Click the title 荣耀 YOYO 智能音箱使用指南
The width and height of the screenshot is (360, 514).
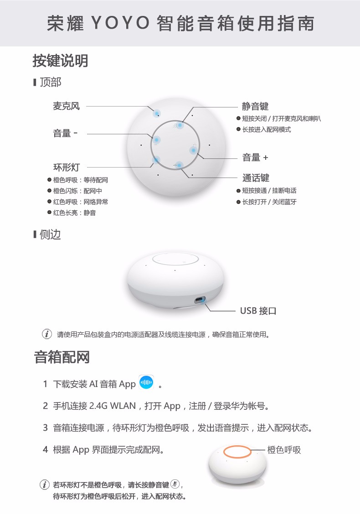(180, 23)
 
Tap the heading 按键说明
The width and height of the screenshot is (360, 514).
(61, 61)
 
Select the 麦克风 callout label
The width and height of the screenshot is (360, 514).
(66, 106)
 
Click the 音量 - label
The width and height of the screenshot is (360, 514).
(65, 133)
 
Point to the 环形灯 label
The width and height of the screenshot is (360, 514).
(66, 167)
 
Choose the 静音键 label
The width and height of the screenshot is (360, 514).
(255, 106)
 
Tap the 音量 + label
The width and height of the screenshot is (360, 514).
(255, 158)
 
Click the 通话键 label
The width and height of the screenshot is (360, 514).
(256, 178)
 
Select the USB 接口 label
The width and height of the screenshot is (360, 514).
(258, 310)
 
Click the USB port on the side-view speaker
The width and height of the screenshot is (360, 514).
(199, 300)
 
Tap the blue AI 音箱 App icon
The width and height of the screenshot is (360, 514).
(146, 382)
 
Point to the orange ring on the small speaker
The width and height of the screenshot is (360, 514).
(237, 446)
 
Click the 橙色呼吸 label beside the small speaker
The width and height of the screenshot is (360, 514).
(284, 450)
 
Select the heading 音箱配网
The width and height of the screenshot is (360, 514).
(62, 357)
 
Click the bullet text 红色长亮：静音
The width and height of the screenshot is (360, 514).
(74, 213)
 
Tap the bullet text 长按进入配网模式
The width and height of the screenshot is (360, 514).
(267, 129)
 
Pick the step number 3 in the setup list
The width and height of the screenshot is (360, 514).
(45, 427)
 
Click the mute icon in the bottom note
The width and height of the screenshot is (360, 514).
(175, 484)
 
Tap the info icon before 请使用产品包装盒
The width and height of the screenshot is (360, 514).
(47, 334)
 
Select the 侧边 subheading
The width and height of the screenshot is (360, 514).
(50, 235)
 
